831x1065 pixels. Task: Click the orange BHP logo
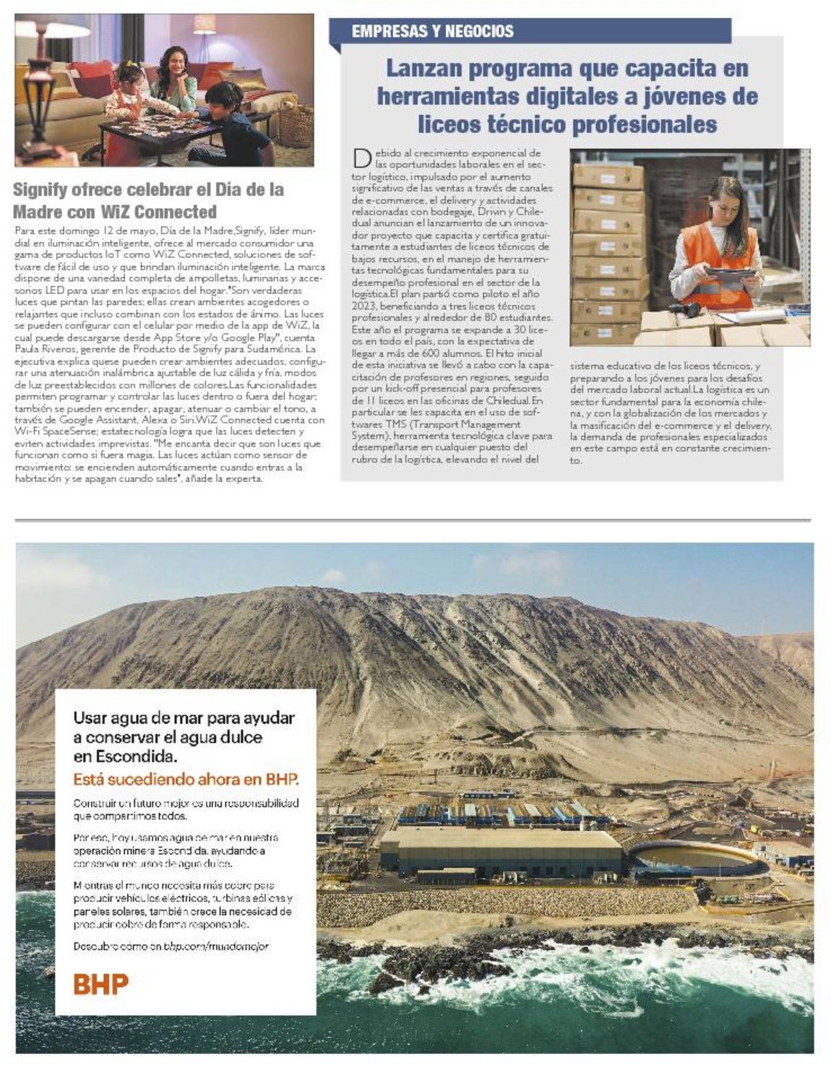[100, 983]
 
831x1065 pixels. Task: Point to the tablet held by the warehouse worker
[729, 275]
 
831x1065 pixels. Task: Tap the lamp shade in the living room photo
[54, 30]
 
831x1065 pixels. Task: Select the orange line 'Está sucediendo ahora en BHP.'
[186, 780]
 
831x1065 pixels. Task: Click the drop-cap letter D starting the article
[362, 159]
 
